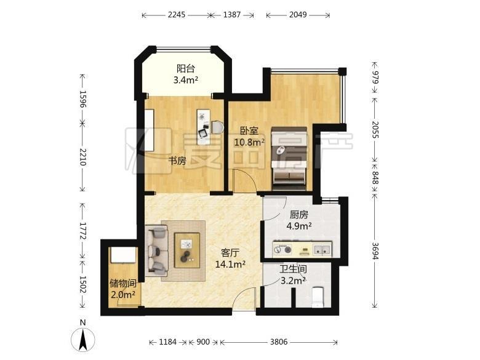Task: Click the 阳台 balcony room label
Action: [x=186, y=68]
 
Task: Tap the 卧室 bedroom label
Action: [x=249, y=130]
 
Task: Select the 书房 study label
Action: [x=178, y=161]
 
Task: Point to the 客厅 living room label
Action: [x=230, y=253]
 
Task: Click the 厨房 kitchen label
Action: [x=299, y=215]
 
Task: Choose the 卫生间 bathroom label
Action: [x=294, y=270]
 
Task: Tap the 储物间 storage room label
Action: [x=123, y=283]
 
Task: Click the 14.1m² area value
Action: [x=230, y=264]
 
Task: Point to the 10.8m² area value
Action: [x=249, y=142]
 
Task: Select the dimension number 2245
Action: [x=177, y=15]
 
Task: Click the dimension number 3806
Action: [x=279, y=342]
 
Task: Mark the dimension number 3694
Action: [x=375, y=250]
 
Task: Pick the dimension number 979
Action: [x=375, y=77]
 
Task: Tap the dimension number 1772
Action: [x=82, y=231]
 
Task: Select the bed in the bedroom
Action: [x=289, y=159]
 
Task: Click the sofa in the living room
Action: [x=157, y=250]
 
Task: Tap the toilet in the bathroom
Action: [x=318, y=297]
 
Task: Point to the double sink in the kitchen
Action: [x=322, y=249]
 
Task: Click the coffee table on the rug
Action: [x=187, y=250]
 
